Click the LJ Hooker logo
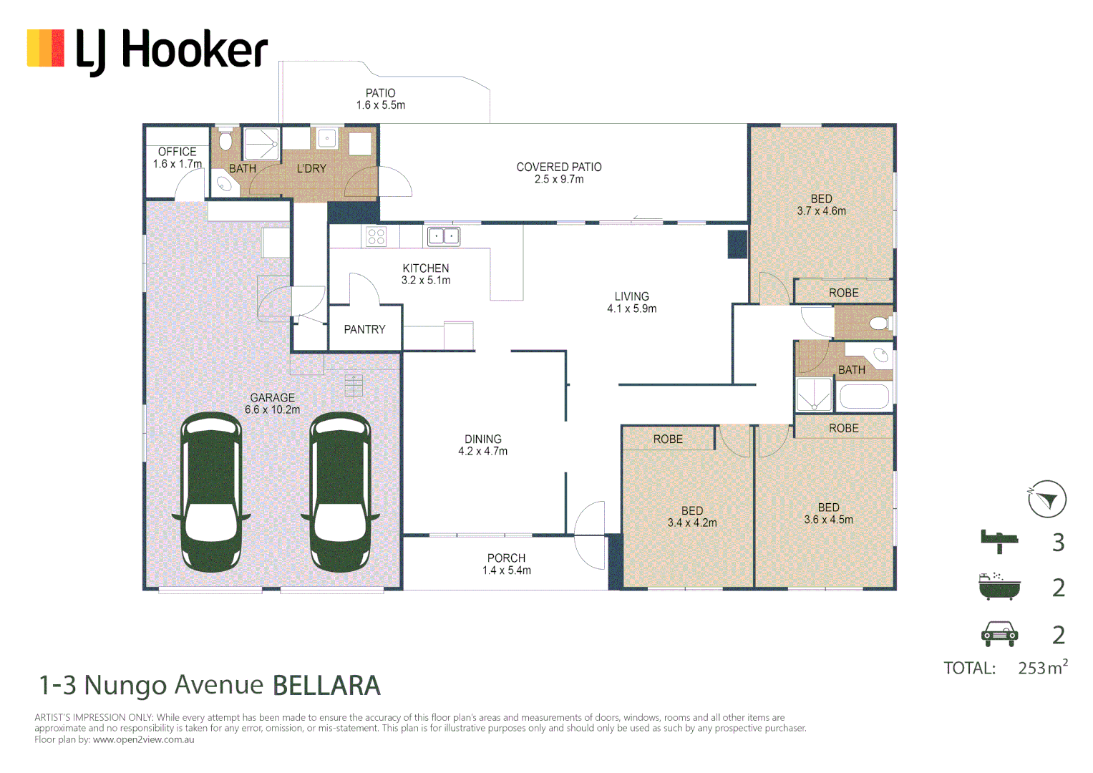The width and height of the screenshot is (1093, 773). [x=147, y=50]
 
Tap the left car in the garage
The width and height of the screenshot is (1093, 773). [x=211, y=492]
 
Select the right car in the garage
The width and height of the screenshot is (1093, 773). [x=340, y=492]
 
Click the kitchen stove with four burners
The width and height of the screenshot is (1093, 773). [x=376, y=236]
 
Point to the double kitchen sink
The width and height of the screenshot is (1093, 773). [x=443, y=235]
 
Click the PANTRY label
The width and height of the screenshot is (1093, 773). [x=364, y=329]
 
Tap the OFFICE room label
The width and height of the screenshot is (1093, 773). [x=177, y=152]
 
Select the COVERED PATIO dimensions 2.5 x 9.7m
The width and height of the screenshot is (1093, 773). [x=558, y=180]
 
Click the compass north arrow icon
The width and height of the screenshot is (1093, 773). [x=1046, y=499]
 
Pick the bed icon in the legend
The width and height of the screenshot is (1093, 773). [x=999, y=541]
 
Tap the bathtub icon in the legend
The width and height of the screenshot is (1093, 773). [x=999, y=586]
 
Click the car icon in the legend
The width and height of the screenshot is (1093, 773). [x=999, y=633]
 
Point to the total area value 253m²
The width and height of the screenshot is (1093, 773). [x=1042, y=668]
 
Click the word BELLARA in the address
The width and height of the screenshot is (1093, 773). [x=326, y=686]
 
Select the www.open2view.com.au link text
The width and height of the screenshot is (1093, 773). [x=143, y=739]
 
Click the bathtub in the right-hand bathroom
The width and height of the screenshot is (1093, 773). [x=864, y=397]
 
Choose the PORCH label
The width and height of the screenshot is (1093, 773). [x=506, y=558]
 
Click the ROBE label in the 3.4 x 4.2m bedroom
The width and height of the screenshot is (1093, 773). [x=668, y=439]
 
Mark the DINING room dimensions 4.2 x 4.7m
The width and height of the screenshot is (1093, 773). [x=482, y=452]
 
